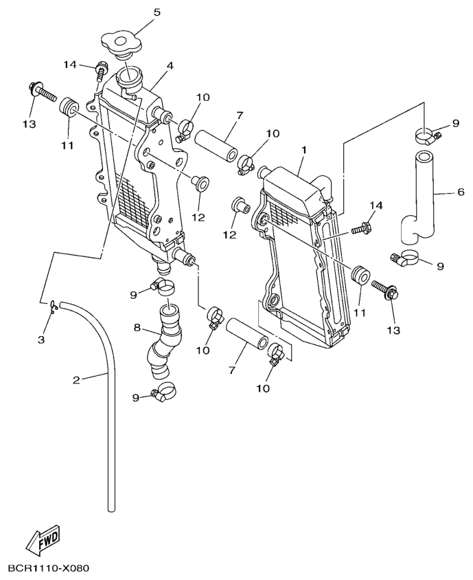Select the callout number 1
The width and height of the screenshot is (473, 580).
coord(303,149)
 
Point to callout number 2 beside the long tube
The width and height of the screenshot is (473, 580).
coord(76,379)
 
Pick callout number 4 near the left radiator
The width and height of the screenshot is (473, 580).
coord(170,66)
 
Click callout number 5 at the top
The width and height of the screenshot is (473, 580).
coord(157,12)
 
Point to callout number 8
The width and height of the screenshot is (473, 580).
coord(136,328)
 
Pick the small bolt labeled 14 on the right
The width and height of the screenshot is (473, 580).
coord(361,227)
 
